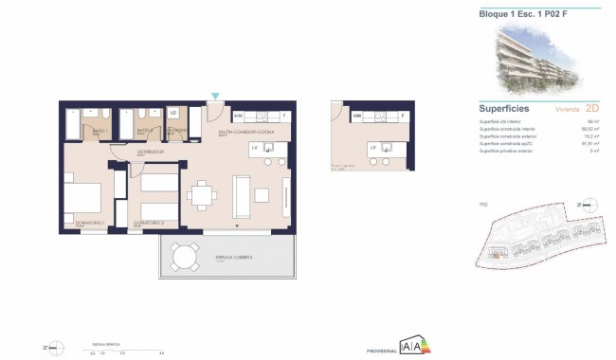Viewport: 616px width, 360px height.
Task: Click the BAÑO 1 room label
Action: [100, 131]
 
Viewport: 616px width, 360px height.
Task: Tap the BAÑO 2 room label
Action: [144, 131]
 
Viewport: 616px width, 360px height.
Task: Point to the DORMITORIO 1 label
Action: [81, 224]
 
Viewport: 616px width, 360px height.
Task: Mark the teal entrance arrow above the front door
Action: [216, 96]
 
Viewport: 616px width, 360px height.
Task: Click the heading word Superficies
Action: [504, 109]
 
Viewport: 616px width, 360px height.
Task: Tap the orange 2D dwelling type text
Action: [593, 109]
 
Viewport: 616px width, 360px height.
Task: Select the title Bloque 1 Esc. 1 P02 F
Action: [516, 13]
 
